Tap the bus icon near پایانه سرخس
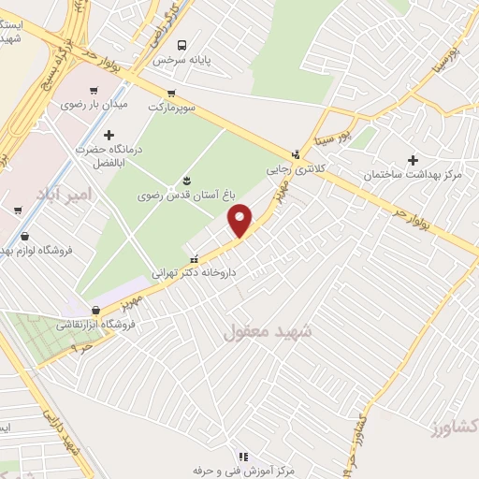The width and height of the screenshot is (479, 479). pyautogui.click(x=182, y=44)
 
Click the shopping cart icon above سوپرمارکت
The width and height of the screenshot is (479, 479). pyautogui.click(x=171, y=93)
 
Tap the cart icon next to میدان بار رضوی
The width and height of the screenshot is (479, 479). pyautogui.click(x=93, y=90)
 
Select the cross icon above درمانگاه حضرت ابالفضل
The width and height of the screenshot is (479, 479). pyautogui.click(x=109, y=136)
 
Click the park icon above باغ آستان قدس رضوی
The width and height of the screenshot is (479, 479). pyautogui.click(x=185, y=181)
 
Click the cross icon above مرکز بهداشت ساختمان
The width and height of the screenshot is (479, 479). pyautogui.click(x=413, y=159)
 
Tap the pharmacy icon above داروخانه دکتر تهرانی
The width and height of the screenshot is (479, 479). pyautogui.click(x=194, y=259)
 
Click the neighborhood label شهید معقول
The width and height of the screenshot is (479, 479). pyautogui.click(x=268, y=331)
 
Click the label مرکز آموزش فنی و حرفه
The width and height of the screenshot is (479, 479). pyautogui.click(x=238, y=471)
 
